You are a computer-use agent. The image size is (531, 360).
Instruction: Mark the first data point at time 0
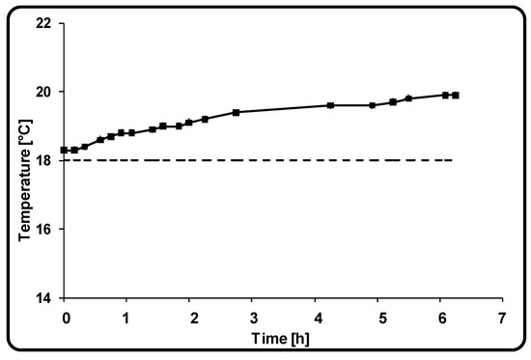pos(64,150)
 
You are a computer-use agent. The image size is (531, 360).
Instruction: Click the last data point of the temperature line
pos(456,95)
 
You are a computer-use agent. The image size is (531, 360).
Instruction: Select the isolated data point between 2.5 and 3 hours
pos(236,112)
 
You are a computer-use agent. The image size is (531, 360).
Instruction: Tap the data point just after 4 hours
pos(330,105)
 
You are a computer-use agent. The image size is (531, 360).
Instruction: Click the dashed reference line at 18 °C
pos(290,160)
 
